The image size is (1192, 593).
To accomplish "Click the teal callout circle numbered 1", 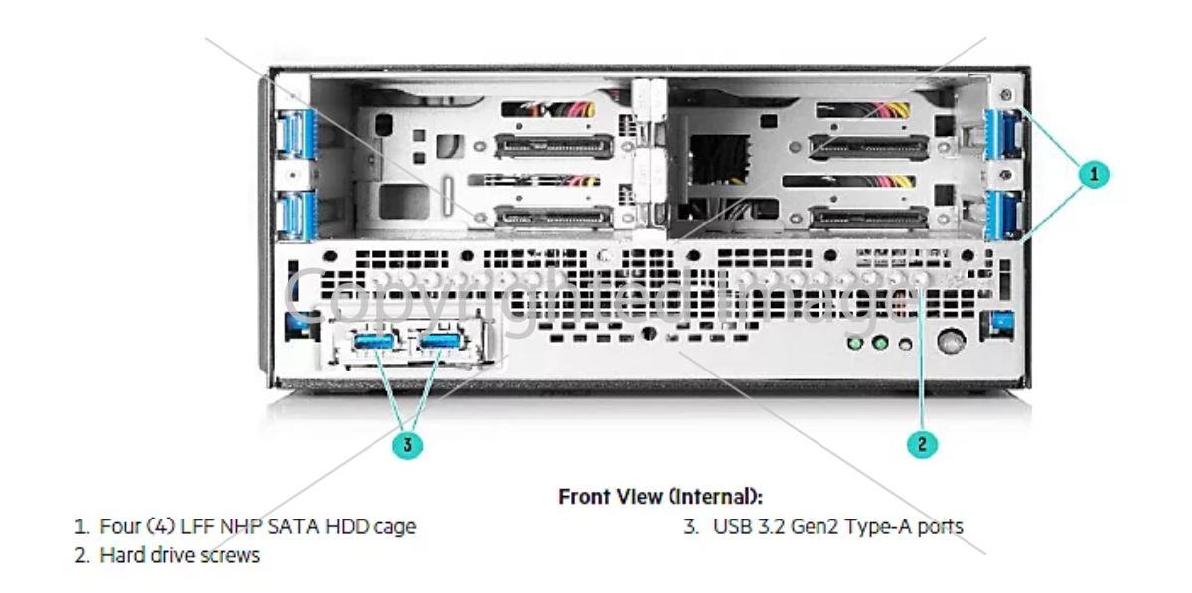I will click(1094, 174).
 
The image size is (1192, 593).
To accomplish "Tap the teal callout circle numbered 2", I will click(922, 443).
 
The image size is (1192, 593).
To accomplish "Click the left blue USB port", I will click(374, 342).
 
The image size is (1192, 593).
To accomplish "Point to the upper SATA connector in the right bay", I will click(869, 147).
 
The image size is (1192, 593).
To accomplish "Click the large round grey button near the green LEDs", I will click(951, 344).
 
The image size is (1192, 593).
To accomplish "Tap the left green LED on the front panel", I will click(853, 345).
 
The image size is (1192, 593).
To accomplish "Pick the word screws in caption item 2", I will click(231, 554).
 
